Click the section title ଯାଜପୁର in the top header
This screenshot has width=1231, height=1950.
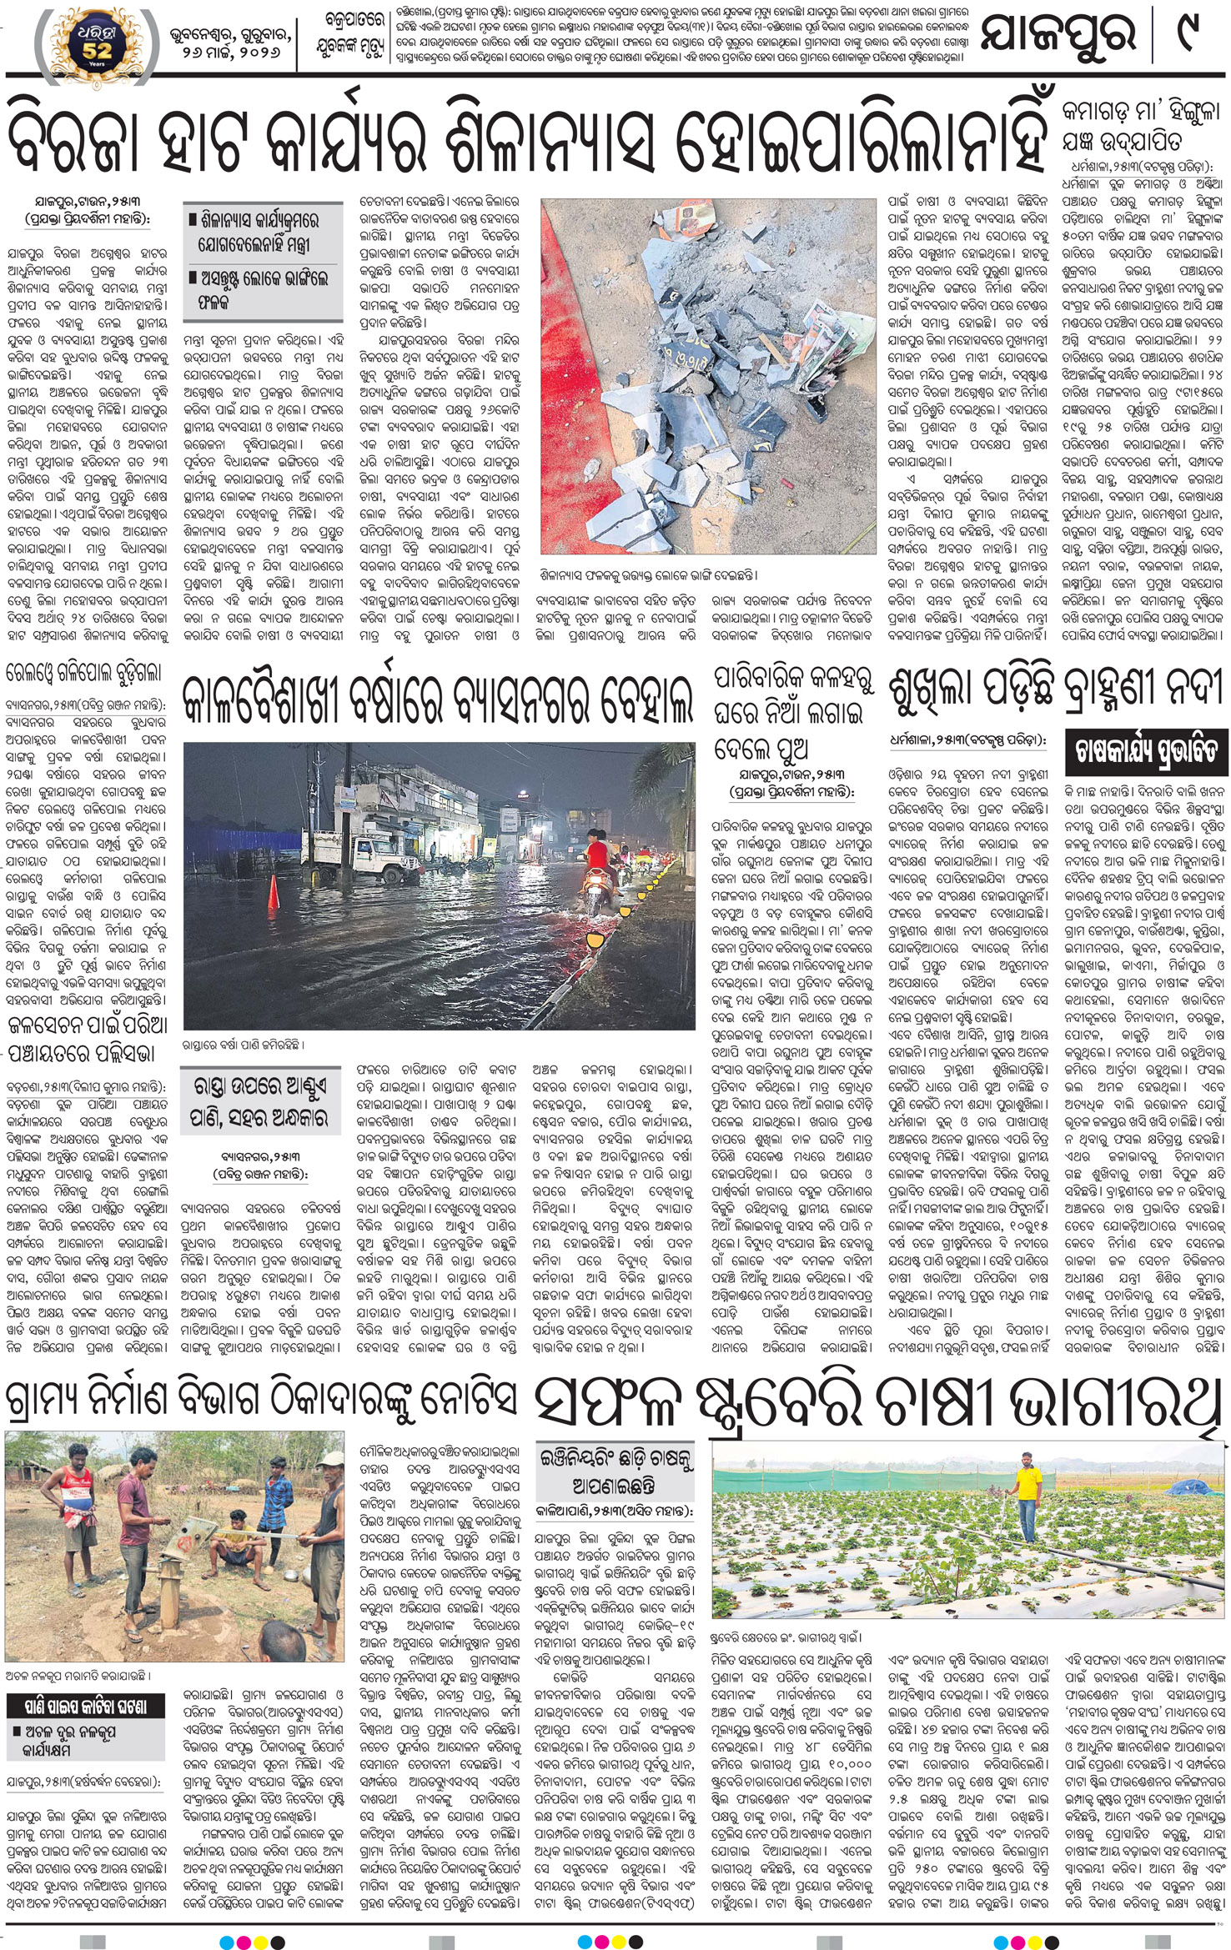(1058, 36)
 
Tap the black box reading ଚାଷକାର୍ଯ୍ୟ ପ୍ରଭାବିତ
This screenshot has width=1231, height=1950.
(1146, 751)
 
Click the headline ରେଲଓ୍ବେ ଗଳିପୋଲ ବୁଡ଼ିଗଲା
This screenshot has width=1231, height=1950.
(83, 673)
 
